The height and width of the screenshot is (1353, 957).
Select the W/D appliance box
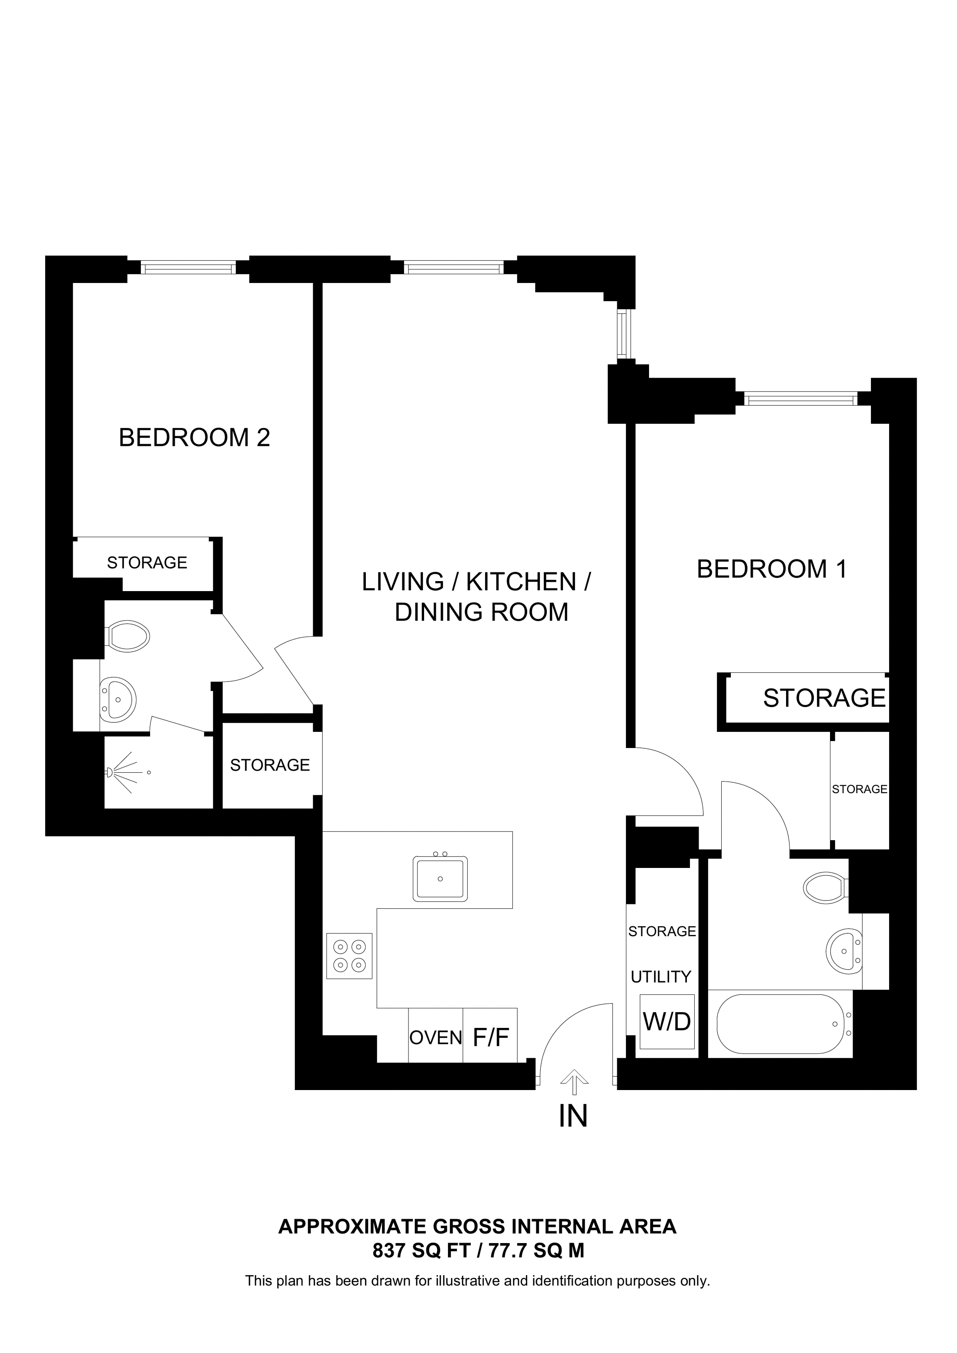667,1021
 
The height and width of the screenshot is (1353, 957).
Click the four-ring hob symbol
349,956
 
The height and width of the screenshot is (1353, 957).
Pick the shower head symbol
110,772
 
